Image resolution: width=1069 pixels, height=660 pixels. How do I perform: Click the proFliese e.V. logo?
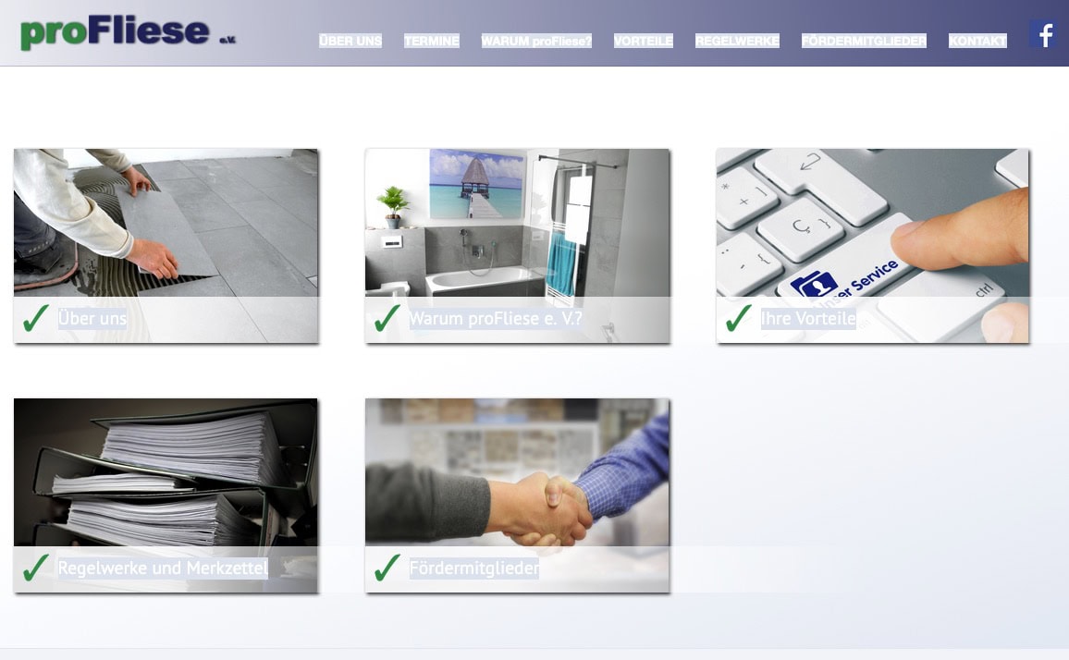tap(129, 32)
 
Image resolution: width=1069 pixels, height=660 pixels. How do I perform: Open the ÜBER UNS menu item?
tap(350, 41)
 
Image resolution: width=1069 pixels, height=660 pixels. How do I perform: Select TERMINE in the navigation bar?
tap(432, 41)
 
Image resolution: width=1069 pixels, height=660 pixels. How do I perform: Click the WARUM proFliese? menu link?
tap(536, 41)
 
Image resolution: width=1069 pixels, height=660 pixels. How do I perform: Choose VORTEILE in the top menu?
tap(643, 41)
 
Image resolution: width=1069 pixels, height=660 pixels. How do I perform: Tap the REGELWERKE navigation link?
tap(737, 41)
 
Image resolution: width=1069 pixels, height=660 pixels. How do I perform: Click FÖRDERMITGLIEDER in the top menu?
tap(864, 41)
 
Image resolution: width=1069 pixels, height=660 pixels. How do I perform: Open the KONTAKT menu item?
tap(977, 41)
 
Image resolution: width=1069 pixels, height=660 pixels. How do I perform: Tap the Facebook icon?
tap(1043, 33)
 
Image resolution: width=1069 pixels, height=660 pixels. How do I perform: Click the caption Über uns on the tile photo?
tap(92, 318)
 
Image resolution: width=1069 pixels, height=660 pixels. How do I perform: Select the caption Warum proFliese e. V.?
tap(496, 318)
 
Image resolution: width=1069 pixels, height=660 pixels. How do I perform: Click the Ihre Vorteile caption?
tap(808, 318)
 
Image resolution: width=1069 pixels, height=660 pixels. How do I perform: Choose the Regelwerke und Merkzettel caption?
tap(163, 568)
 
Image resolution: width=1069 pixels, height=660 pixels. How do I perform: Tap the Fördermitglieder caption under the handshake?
tap(473, 568)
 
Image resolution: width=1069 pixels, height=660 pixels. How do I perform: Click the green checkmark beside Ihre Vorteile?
tap(738, 318)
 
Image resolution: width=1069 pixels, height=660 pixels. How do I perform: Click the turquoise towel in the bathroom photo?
tap(562, 263)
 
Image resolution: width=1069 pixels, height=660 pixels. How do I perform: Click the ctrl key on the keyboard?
tap(985, 289)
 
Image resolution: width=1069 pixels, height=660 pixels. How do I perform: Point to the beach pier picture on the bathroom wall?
tap(476, 183)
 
